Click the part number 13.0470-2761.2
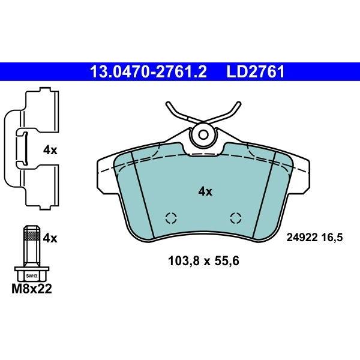pyautogui.click(x=149, y=71)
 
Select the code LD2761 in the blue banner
pyautogui.click(x=256, y=71)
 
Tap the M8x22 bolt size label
pyautogui.click(x=32, y=289)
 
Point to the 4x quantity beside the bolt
pyautogui.click(x=50, y=239)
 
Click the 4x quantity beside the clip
pyautogui.click(x=50, y=151)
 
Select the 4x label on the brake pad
pyautogui.click(x=205, y=191)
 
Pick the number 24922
pyautogui.click(x=302, y=237)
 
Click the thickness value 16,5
pyautogui.click(x=332, y=238)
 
